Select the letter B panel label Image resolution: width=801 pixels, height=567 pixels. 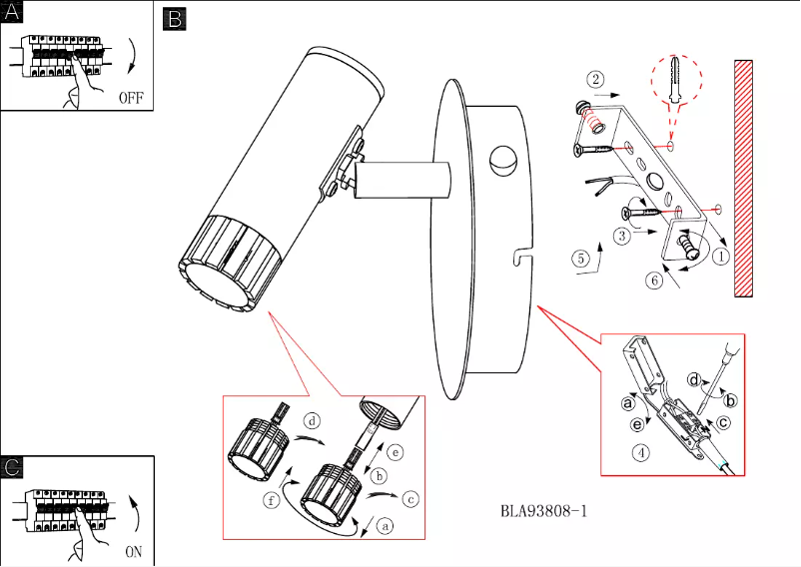click(x=174, y=18)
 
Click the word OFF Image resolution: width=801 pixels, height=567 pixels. click(x=132, y=98)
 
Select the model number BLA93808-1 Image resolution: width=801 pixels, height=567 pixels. click(x=543, y=511)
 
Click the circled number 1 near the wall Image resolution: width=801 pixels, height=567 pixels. click(x=721, y=256)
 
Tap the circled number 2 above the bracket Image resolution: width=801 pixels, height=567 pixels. click(x=595, y=79)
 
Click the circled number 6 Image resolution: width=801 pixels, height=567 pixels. click(x=654, y=281)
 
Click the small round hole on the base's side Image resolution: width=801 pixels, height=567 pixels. click(x=499, y=159)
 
